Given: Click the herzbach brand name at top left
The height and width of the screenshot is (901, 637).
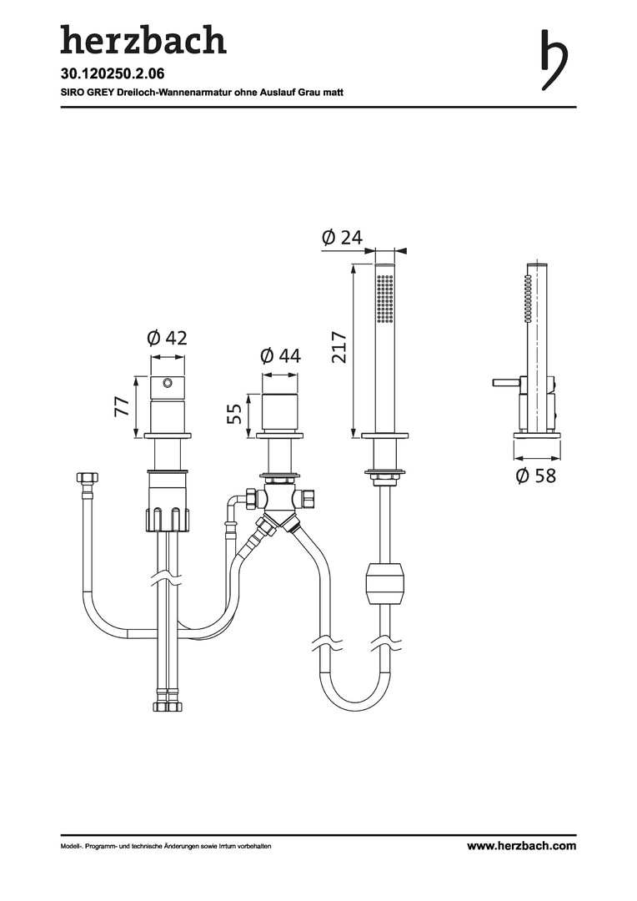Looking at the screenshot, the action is tap(143, 40).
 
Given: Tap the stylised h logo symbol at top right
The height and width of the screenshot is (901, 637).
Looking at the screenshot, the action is tap(554, 60).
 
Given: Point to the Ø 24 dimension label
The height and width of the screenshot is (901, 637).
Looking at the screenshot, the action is tap(343, 237).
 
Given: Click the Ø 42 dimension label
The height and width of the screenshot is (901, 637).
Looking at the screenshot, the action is tap(167, 338).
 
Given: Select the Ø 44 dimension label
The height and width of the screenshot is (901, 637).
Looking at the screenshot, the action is tap(280, 356).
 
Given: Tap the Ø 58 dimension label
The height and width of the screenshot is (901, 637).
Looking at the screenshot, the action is tap(536, 476).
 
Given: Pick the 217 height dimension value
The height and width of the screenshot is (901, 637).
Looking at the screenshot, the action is tap(339, 346).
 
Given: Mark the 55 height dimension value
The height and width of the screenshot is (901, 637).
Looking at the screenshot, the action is tap(234, 414).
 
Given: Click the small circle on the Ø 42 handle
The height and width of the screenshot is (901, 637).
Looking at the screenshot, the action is tap(168, 382).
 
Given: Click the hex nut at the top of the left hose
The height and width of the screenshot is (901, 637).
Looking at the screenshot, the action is tap(88, 477).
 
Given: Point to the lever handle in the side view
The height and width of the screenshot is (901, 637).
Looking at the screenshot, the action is tap(506, 382).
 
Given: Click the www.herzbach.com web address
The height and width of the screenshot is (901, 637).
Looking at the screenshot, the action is tap(521, 845).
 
